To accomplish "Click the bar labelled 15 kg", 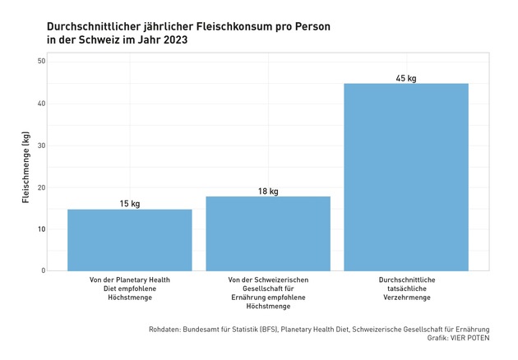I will coord(129,239).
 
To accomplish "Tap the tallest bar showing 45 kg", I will coord(405,177).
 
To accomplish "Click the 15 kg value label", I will coord(129,203).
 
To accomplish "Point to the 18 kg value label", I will coord(267,191).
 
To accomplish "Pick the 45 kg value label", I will coord(405,78).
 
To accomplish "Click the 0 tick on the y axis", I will coord(43,270).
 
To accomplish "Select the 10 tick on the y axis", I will coord(40,228).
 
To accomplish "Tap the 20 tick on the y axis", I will coord(40,187).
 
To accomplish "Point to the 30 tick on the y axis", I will coord(40,145).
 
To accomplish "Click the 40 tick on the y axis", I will coord(40,104).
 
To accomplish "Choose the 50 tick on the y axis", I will coord(40,62).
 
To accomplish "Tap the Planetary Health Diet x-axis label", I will coord(129,288).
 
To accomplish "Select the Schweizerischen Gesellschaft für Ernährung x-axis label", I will coord(267,293).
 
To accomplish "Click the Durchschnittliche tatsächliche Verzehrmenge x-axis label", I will coord(405,288).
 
